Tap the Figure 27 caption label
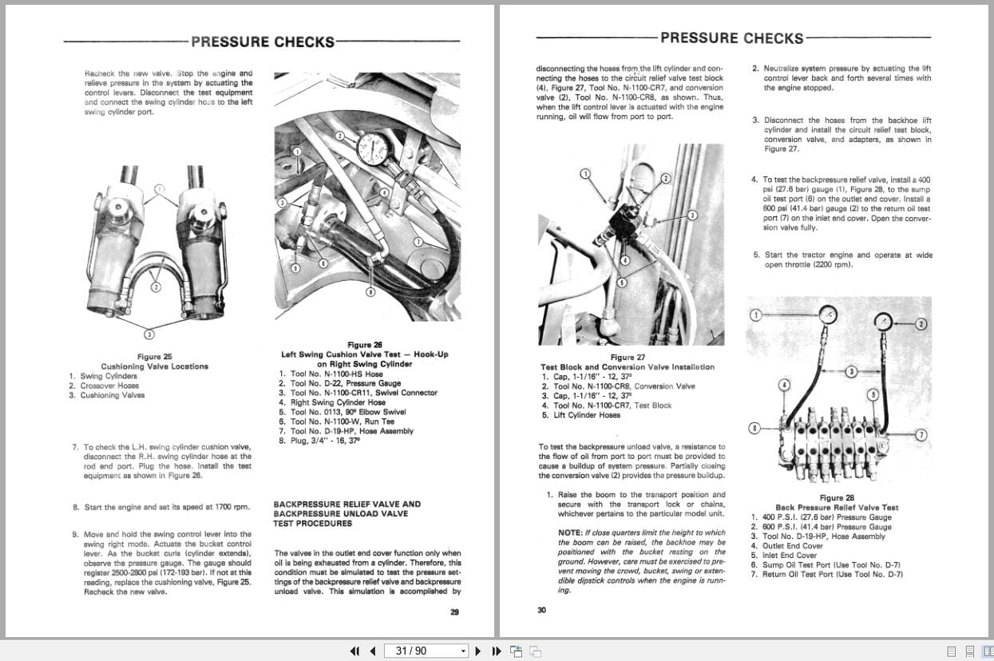coord(627,358)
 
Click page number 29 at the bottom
coord(453,612)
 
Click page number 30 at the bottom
coord(541,611)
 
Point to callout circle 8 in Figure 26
coord(370,293)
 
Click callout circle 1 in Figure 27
coord(584,173)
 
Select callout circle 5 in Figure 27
coord(622,282)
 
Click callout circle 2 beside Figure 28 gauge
coord(921,323)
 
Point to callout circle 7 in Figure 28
coord(921,434)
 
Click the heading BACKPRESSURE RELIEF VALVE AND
coord(347,505)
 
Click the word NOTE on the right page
coord(570,532)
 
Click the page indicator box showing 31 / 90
coord(426,651)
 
